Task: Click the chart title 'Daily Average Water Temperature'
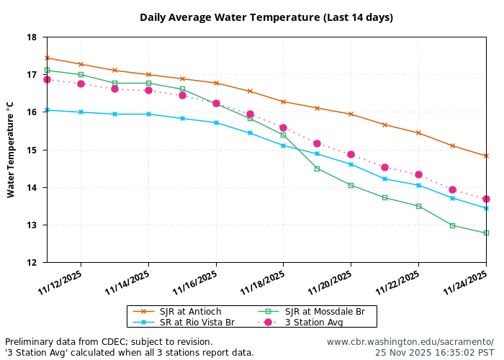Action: [x=266, y=17]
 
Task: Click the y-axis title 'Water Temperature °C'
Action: [x=10, y=150]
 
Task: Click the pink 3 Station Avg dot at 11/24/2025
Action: [x=486, y=199]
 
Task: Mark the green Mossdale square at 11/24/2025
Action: [x=486, y=233]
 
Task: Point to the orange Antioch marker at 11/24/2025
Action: [x=486, y=156]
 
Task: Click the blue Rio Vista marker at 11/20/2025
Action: [x=351, y=164]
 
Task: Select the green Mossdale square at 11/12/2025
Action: [x=81, y=74]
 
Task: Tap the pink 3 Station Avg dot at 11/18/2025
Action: [x=283, y=127]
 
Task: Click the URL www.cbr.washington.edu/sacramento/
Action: [x=410, y=341]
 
